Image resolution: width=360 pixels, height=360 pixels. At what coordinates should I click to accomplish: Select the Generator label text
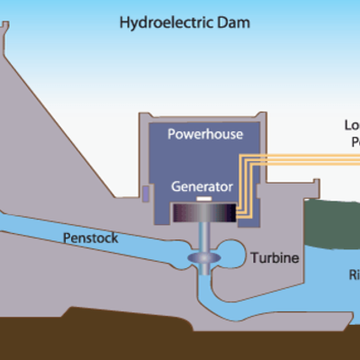tap(202, 187)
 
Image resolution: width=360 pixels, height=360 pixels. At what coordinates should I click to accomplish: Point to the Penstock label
tap(90, 238)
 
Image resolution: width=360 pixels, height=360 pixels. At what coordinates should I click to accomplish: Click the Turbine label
tap(274, 258)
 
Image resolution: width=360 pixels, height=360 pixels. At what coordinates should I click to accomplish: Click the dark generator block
tap(202, 213)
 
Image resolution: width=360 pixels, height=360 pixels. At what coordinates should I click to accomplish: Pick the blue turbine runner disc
tap(202, 260)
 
